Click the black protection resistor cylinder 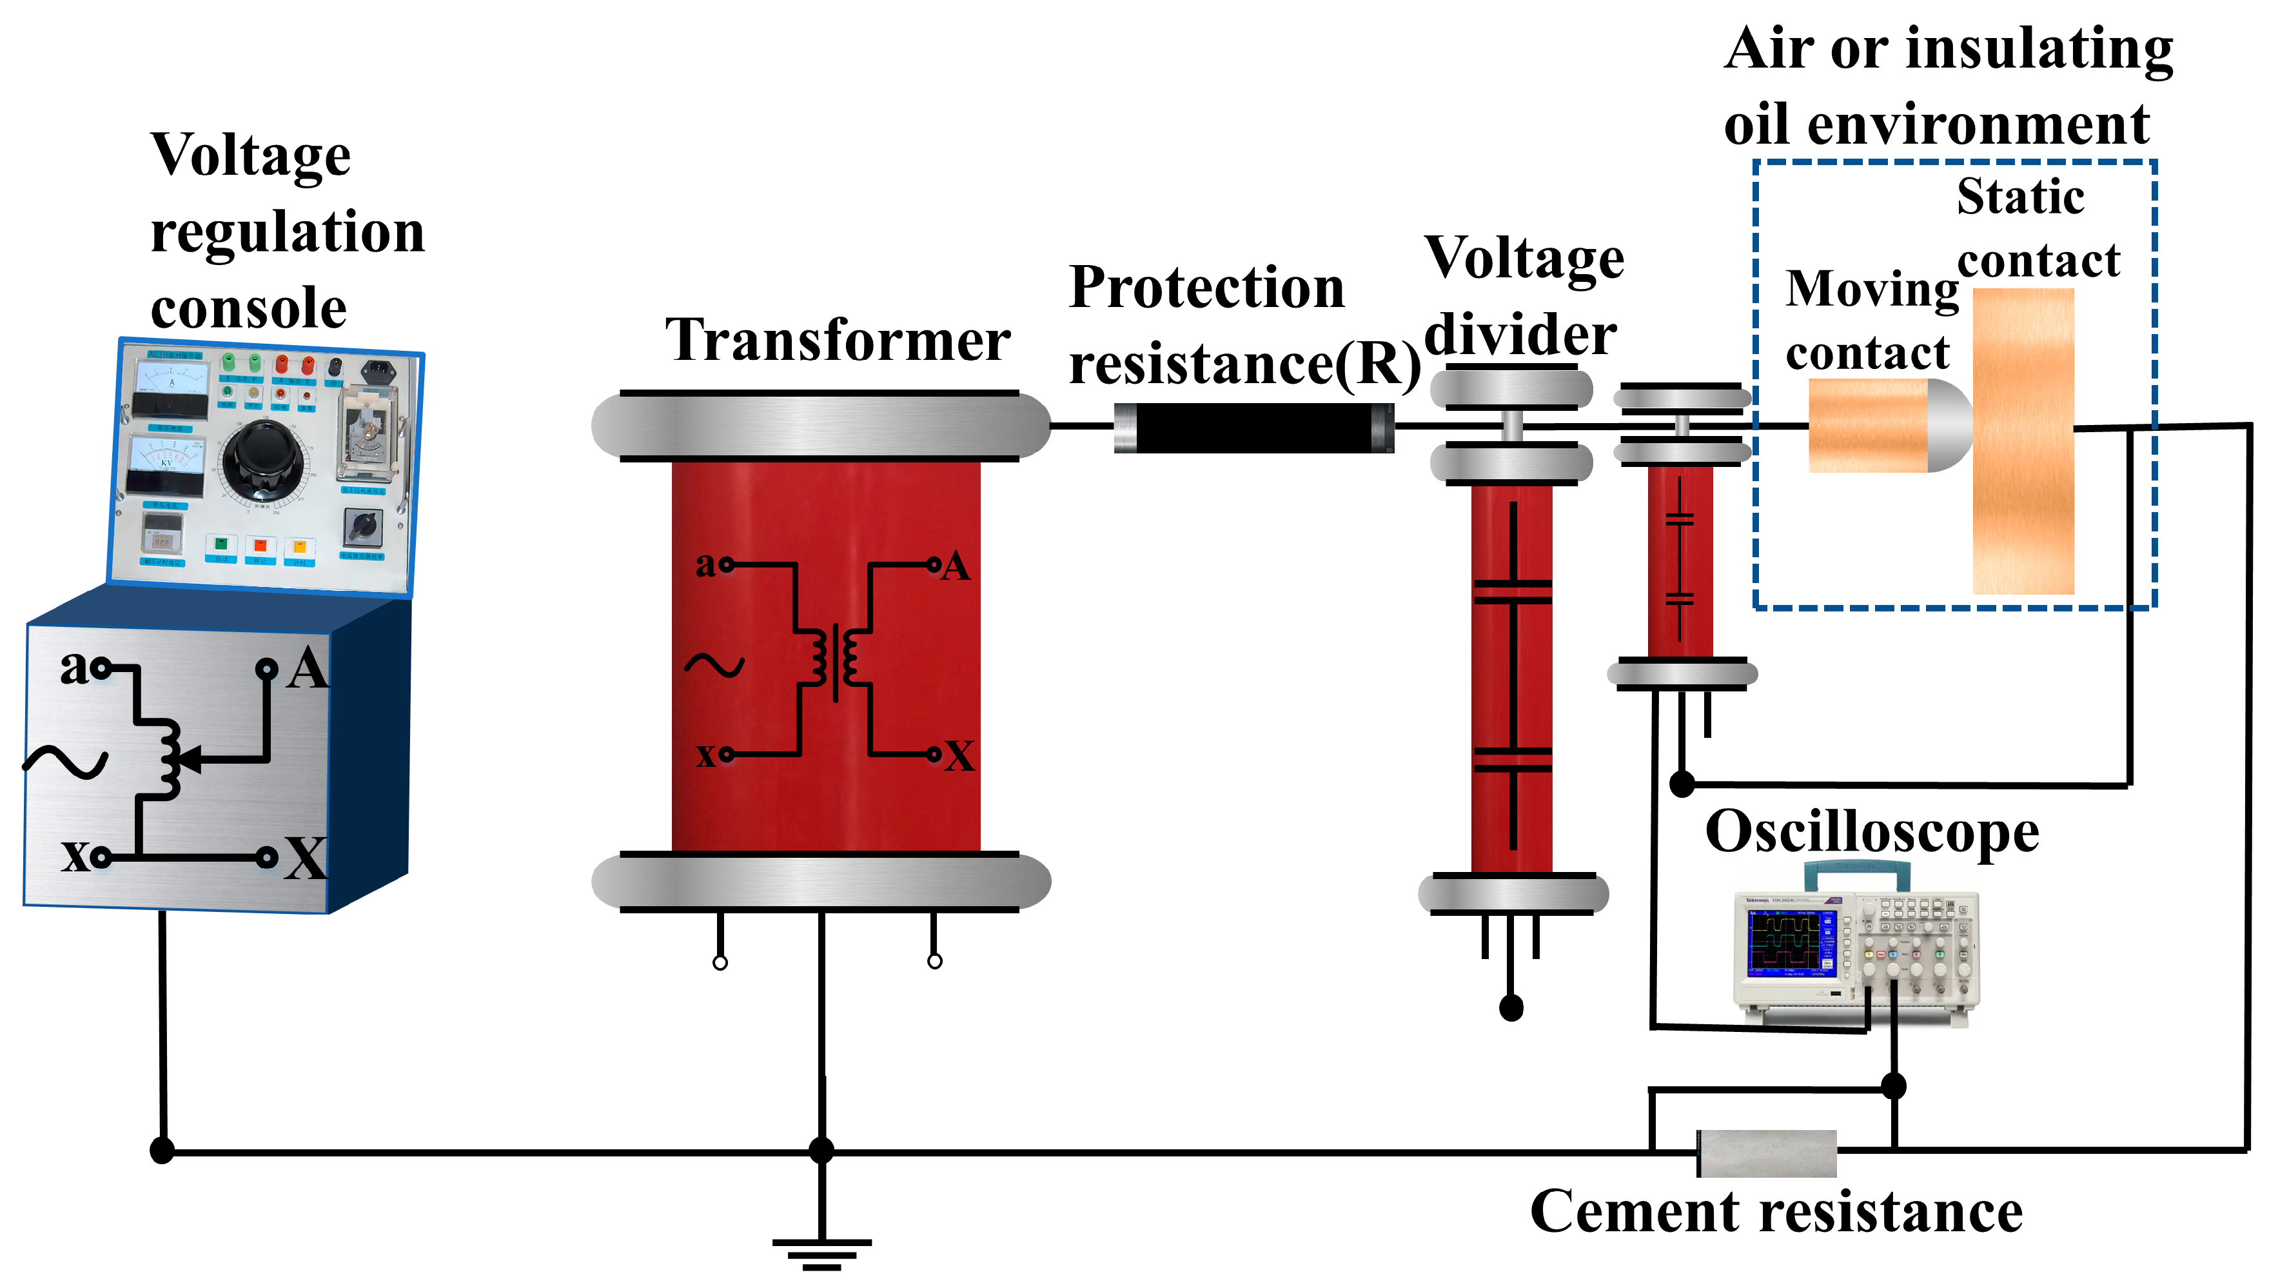[x=1254, y=428]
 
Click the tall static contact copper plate [x=2023, y=442]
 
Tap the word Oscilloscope [x=1871, y=833]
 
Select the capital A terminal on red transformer [x=955, y=566]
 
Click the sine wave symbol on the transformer [x=714, y=665]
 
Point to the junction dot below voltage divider [x=1511, y=1007]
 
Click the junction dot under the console [x=162, y=1150]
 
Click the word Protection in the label [x=1206, y=288]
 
